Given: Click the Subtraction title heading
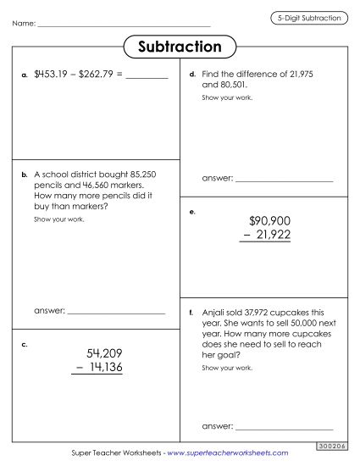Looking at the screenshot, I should click(x=180, y=47).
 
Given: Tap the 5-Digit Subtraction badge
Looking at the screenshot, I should click(x=311, y=17).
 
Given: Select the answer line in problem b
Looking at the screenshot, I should click(x=116, y=313).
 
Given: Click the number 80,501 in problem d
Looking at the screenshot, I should click(x=241, y=86).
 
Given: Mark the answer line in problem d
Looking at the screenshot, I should click(x=284, y=181).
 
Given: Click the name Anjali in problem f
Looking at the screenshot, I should click(x=215, y=313).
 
